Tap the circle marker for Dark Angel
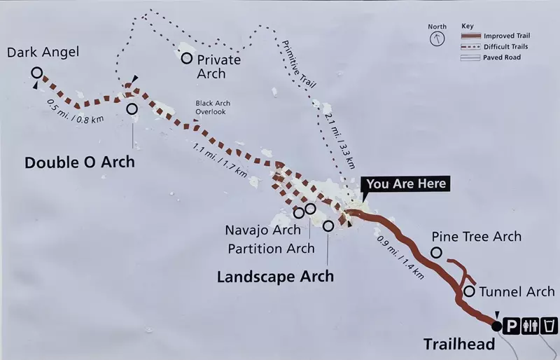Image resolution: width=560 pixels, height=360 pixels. (36, 71)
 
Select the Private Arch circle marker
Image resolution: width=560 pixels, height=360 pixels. (187, 58)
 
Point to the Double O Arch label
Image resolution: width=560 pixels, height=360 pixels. (79, 162)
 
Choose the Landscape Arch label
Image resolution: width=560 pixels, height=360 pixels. (275, 276)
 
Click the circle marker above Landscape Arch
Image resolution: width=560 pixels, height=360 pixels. (328, 226)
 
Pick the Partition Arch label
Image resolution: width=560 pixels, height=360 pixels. (272, 249)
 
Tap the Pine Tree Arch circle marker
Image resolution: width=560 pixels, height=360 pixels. (436, 252)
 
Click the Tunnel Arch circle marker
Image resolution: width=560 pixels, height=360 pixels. (469, 291)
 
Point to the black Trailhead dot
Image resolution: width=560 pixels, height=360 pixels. (497, 326)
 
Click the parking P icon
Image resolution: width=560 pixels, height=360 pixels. (512, 326)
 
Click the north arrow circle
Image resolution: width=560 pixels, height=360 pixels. (437, 36)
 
